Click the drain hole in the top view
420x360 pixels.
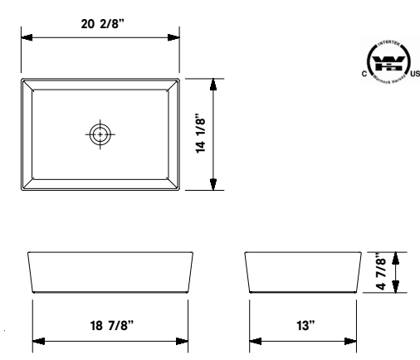(x=100, y=134)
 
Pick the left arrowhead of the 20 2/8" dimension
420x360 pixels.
(x=26, y=37)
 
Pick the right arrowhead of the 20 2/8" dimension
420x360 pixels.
(x=173, y=37)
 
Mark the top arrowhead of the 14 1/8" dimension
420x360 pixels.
(x=214, y=84)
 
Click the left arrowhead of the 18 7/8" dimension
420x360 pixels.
(x=37, y=340)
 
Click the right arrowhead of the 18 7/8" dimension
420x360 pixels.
(x=183, y=340)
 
